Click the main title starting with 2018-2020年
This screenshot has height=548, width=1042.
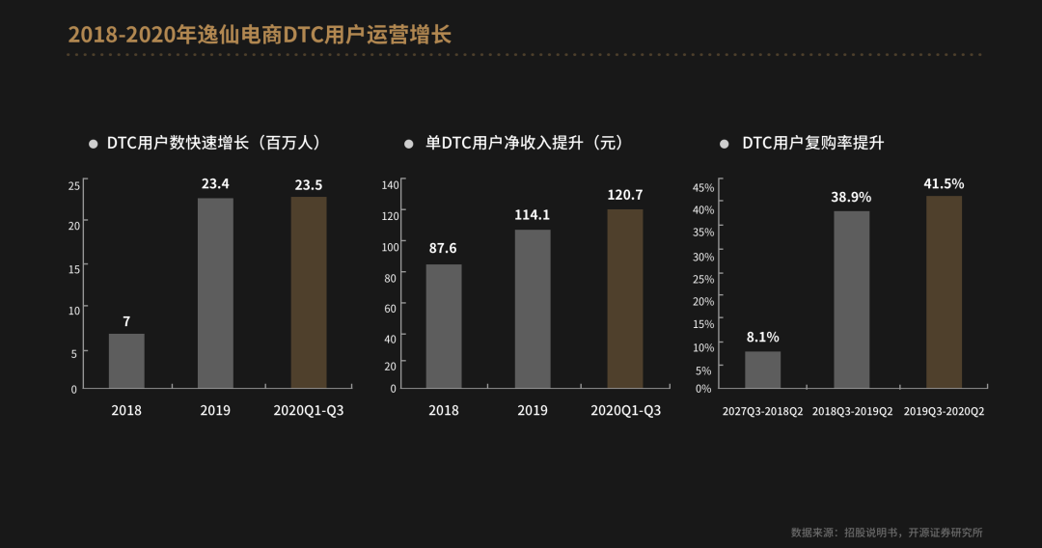pos(260,35)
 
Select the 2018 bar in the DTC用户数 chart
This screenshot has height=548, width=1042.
pos(126,361)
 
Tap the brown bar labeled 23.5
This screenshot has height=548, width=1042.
pos(309,292)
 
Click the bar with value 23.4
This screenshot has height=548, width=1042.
pos(215,293)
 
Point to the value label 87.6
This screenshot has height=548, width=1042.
pos(444,248)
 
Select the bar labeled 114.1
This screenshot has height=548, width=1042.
pos(533,309)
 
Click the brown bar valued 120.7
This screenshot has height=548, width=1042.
pos(625,298)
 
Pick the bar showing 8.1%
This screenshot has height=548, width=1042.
pos(762,370)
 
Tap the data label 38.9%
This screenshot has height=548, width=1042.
pos(851,197)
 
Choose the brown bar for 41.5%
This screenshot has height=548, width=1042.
pos(944,291)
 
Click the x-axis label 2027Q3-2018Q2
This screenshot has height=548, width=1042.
pos(763,412)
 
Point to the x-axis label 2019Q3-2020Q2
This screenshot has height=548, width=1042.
pos(944,412)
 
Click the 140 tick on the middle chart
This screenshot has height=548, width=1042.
pos(390,184)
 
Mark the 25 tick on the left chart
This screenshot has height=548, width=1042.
pos(73,184)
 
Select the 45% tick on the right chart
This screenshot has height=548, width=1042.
pos(703,187)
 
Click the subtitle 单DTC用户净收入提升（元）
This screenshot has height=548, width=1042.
pos(525,143)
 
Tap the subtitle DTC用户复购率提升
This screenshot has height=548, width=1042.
pos(812,143)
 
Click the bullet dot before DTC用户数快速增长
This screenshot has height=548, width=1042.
pos(94,144)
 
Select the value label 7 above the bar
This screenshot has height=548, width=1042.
pos(126,321)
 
